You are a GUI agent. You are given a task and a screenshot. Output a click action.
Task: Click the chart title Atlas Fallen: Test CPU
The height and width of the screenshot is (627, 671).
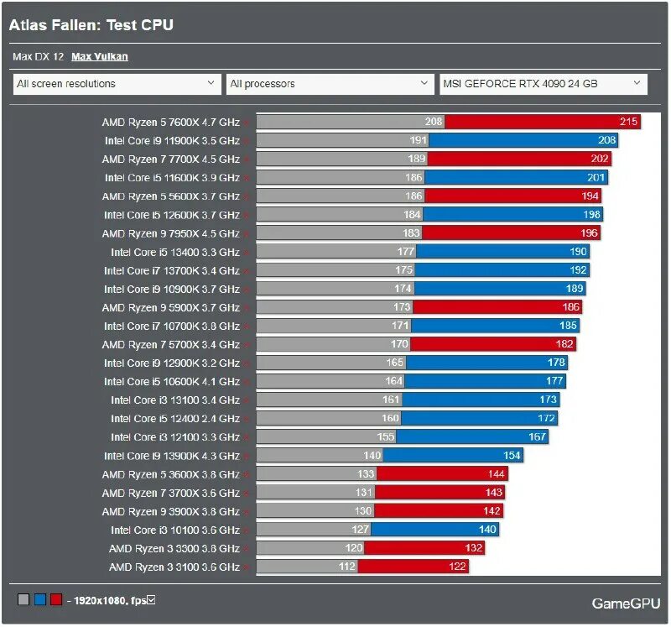(x=91, y=25)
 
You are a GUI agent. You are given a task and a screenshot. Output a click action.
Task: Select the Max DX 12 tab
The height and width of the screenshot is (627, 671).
(x=39, y=57)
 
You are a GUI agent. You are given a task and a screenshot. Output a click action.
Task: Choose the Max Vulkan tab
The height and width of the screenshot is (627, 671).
(x=100, y=57)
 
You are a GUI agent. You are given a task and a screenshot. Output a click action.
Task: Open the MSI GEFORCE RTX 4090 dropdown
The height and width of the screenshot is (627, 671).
(x=544, y=84)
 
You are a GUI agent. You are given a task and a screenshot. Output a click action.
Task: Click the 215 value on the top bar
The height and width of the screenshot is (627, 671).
(x=628, y=122)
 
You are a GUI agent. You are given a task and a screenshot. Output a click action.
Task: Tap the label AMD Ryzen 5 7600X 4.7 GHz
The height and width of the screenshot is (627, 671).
(x=170, y=122)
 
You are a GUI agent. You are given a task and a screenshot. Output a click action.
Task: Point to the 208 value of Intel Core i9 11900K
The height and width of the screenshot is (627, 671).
(x=607, y=140)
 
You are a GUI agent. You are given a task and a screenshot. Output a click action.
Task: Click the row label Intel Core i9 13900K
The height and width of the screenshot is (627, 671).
(x=171, y=456)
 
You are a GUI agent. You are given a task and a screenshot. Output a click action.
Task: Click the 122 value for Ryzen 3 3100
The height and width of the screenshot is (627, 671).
(x=457, y=567)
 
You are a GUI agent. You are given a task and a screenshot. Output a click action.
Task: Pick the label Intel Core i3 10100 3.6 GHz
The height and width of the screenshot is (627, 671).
(x=174, y=530)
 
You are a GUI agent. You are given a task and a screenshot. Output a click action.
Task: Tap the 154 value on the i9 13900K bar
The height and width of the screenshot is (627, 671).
(x=512, y=456)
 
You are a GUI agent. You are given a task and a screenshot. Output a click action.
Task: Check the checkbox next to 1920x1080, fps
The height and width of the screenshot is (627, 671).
(x=151, y=599)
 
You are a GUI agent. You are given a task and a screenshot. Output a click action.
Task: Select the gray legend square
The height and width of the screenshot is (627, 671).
(x=23, y=599)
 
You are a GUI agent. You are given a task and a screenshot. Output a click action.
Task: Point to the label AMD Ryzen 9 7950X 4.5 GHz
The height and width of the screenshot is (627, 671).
(x=170, y=233)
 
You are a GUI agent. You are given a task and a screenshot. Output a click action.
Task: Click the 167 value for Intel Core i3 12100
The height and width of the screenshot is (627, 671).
(x=537, y=437)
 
